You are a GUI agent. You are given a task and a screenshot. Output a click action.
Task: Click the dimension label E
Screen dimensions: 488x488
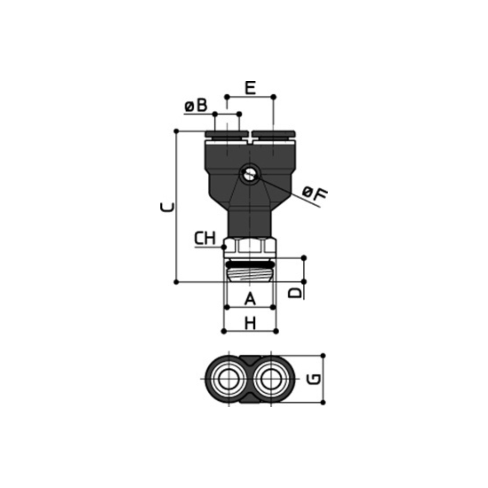coord(250,88)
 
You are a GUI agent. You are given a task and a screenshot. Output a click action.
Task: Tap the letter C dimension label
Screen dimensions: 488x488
coord(167,207)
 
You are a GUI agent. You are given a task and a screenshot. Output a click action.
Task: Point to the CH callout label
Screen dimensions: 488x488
coord(205,239)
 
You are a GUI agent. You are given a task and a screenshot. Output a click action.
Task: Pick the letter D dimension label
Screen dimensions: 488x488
coord(295,292)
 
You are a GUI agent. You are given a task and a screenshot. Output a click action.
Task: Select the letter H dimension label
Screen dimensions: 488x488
coord(250,323)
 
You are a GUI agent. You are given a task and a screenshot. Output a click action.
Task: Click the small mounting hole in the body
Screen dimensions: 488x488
coord(249,174)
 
